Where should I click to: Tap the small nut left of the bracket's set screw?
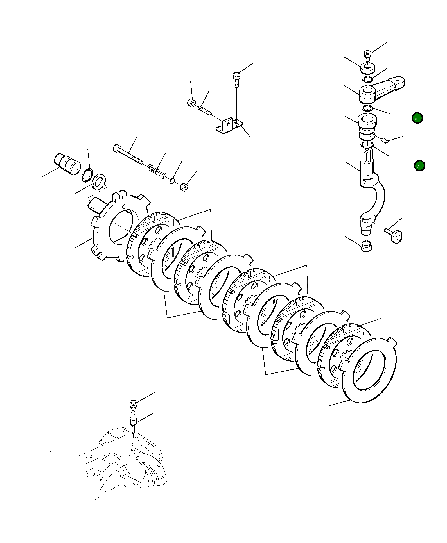191,103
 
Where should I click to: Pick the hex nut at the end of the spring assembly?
184,187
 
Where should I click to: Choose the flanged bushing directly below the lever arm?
367,126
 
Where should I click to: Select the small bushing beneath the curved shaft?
366,246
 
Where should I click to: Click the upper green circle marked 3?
417,118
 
